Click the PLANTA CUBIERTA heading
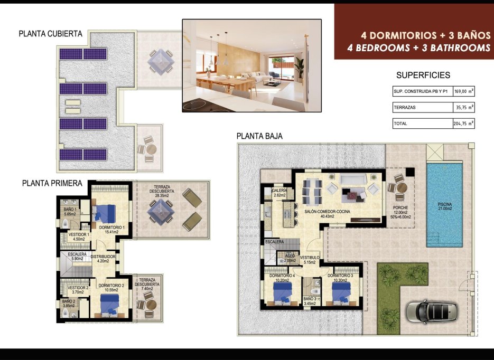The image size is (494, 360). pyautogui.click(x=50, y=34)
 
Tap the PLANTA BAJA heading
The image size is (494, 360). pyautogui.click(x=259, y=136)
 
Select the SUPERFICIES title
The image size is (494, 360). pyautogui.click(x=423, y=75)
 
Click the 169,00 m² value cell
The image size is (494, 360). pyautogui.click(x=464, y=91)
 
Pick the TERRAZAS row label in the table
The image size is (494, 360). pyautogui.click(x=404, y=107)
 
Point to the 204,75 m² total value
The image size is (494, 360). pyautogui.click(x=464, y=124)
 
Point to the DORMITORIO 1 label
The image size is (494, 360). pyautogui.click(x=111, y=228)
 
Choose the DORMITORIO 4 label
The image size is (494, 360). pyautogui.click(x=282, y=276)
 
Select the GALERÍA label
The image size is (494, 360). pyautogui.click(x=279, y=191)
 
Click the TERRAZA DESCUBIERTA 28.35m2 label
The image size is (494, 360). pyautogui.click(x=162, y=191)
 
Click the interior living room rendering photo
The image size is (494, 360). pyautogui.click(x=251, y=65)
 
